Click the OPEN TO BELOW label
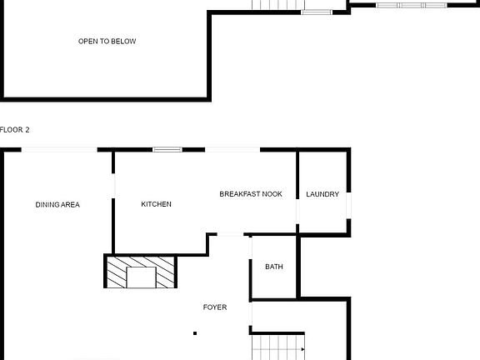coord(107,41)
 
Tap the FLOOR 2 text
coord(15,130)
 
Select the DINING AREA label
coord(57,204)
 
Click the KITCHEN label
coord(156,204)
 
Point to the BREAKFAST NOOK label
coord(251,194)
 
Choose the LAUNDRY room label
coord(322,194)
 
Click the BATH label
coord(274,267)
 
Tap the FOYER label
coord(215,307)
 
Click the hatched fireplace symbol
coord(141,272)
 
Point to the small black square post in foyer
coord(195,333)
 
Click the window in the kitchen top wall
coord(167,150)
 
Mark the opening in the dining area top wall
coord(59,150)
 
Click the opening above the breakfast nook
coord(232,150)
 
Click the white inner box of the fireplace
coord(141,277)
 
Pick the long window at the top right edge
coord(412,5)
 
